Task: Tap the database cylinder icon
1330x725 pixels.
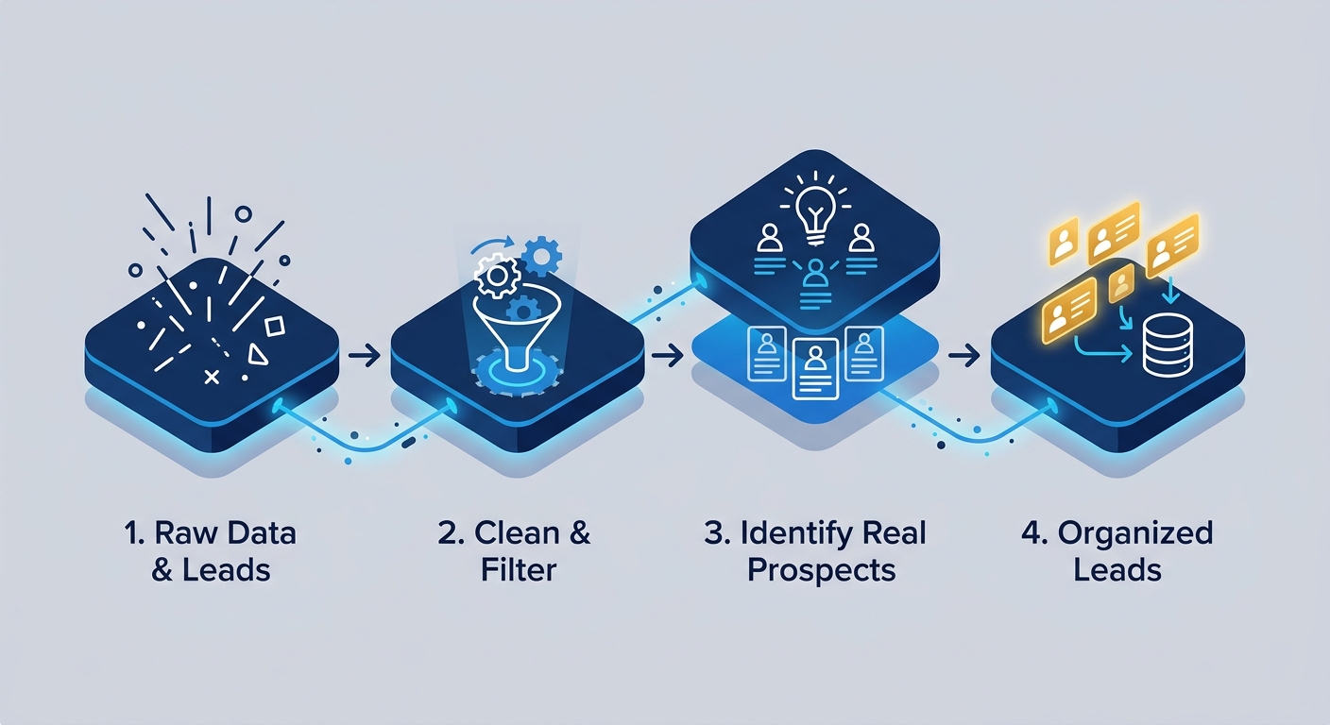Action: point(1168,345)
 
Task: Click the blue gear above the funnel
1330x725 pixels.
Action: point(541,256)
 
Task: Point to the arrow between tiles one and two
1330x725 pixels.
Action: point(364,356)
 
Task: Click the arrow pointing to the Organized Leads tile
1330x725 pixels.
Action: point(963,355)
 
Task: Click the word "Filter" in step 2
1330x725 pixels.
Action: point(519,570)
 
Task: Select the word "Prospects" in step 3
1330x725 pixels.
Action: point(821,571)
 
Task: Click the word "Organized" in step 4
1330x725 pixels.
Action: point(1134,534)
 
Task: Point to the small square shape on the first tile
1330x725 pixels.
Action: point(274,327)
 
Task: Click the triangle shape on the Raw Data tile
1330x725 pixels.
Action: point(257,354)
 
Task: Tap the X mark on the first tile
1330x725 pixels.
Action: point(212,377)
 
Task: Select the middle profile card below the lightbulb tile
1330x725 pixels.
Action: point(816,368)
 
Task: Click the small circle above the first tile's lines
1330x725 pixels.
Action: point(243,213)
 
